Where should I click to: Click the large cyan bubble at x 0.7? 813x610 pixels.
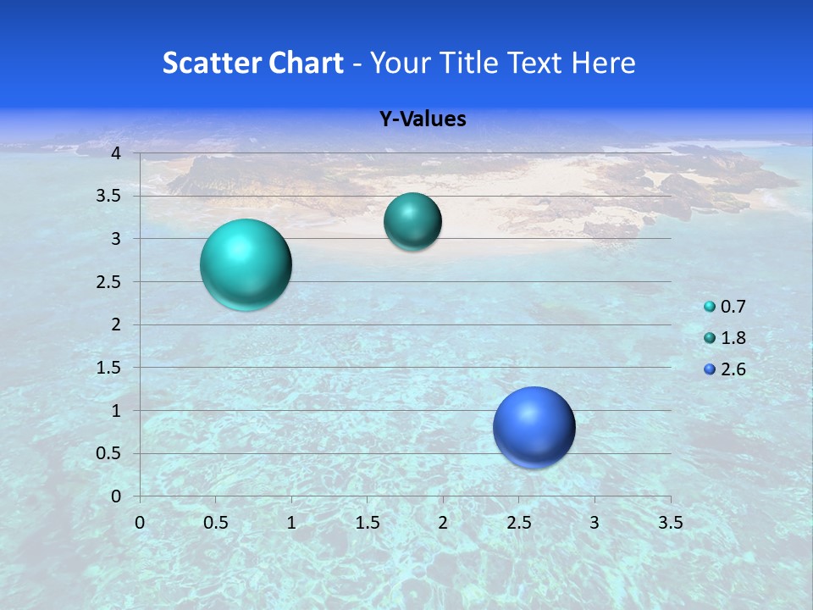point(246,264)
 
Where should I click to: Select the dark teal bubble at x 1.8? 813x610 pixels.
point(412,221)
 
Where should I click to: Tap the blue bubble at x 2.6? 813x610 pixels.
point(534,427)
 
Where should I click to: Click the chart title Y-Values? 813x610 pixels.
point(422,119)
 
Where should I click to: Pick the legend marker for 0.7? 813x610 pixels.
point(710,307)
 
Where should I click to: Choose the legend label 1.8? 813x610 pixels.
point(733,338)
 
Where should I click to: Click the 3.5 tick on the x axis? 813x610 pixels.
point(670,523)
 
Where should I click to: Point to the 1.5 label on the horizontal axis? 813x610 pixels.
point(367,523)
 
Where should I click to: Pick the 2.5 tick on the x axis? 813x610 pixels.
point(518,523)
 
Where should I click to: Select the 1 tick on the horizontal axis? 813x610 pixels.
point(291,523)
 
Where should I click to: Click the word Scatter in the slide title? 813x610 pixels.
point(206,63)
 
